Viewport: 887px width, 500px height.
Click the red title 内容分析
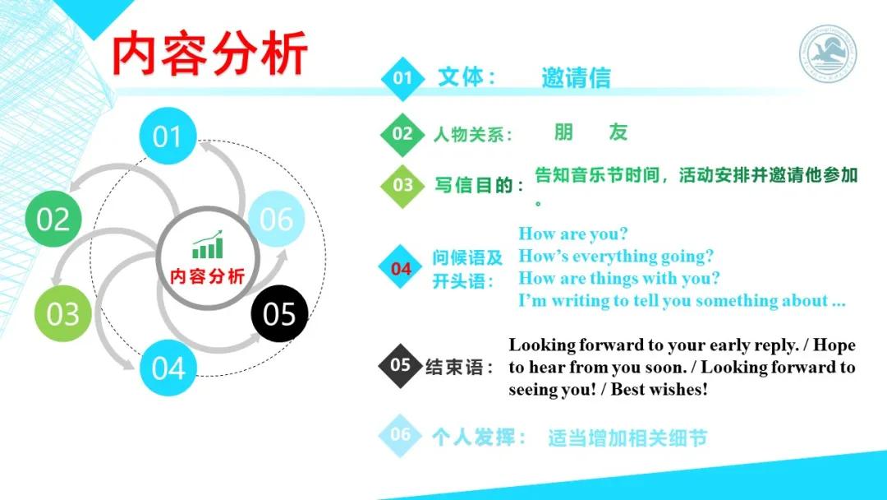(x=210, y=54)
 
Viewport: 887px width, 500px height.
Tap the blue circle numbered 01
(x=168, y=137)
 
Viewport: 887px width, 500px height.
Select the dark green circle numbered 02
(x=53, y=220)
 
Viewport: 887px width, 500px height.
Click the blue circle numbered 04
(x=168, y=368)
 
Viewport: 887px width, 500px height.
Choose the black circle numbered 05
(x=279, y=314)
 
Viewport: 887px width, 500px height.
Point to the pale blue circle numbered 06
(x=276, y=220)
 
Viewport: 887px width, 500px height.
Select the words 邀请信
(x=576, y=77)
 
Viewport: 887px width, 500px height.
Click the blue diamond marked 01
(x=402, y=78)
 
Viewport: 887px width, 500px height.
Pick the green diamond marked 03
(x=402, y=184)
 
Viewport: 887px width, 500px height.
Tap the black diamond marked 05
(x=400, y=364)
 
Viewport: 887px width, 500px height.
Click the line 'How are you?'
(x=572, y=234)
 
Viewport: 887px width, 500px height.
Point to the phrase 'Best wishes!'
(x=660, y=389)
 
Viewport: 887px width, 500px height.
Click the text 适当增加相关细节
(x=627, y=437)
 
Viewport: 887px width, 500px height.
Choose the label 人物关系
(x=472, y=134)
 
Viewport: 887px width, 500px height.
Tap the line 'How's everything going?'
(x=616, y=257)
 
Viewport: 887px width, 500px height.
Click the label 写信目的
(x=479, y=185)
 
